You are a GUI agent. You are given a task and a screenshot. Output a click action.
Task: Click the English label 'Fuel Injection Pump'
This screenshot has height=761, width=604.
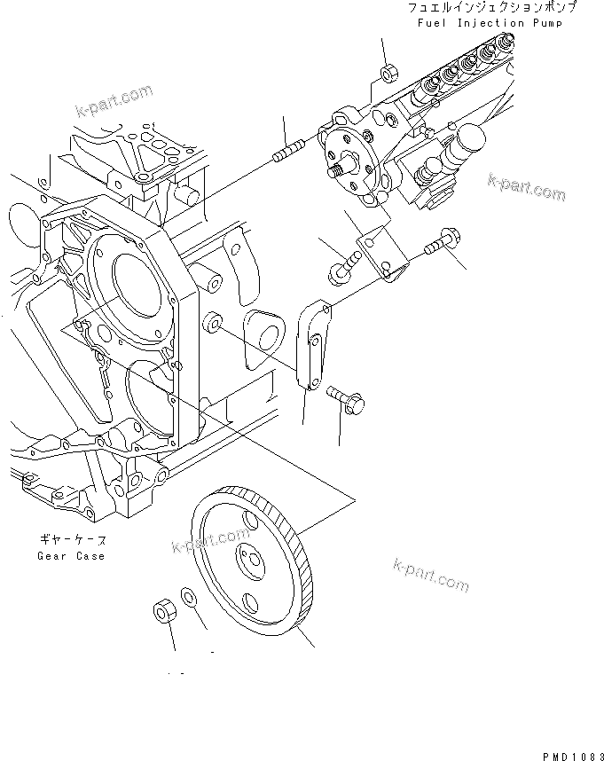click(490, 23)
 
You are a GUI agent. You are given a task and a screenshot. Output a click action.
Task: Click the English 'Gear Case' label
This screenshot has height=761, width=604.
click(71, 556)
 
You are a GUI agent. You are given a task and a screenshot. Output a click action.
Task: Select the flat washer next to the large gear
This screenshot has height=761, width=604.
click(190, 594)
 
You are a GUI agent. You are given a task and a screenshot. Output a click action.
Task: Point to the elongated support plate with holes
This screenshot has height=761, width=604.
click(311, 343)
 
